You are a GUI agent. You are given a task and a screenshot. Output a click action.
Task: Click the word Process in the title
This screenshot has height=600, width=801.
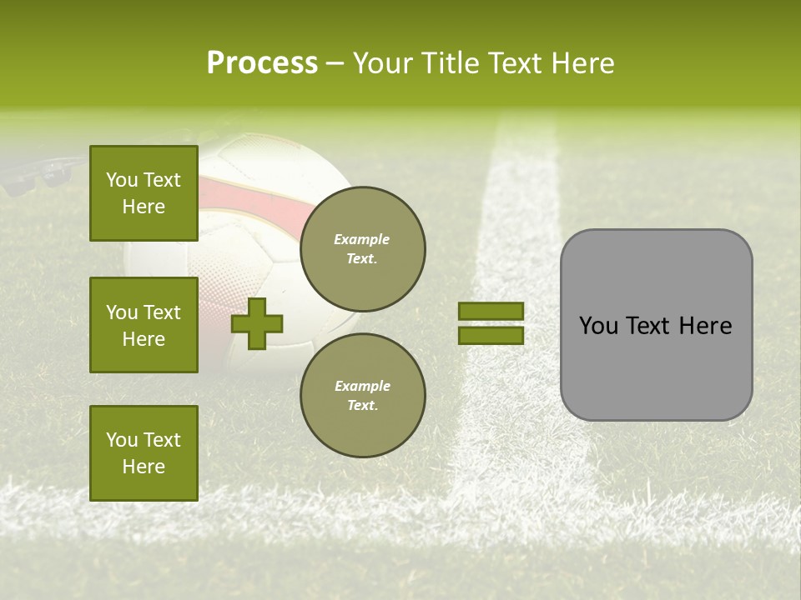coord(262,63)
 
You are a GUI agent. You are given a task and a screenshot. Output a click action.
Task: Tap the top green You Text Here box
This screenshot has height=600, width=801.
coord(144,193)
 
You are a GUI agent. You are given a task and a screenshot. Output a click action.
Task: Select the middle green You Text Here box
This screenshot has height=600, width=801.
coord(144,325)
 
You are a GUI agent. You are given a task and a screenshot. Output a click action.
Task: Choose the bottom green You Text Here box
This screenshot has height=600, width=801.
coord(144,453)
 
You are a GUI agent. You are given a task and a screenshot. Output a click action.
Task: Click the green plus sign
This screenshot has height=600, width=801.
coord(257,323)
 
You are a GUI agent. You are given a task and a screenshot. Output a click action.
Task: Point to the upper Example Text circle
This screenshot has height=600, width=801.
coord(362,249)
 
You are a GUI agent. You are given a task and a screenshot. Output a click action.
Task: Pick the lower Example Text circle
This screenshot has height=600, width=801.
coord(362,396)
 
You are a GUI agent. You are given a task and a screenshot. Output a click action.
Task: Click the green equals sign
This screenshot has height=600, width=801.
coord(491,323)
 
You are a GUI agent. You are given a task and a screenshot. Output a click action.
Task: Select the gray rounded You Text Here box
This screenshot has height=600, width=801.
coord(656,325)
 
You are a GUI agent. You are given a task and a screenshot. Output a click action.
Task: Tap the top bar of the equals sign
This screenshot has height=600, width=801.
coord(491,312)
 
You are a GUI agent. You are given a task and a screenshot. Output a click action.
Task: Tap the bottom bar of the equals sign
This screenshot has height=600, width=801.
coord(491,335)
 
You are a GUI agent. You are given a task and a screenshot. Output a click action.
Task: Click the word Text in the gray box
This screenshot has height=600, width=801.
coord(651,326)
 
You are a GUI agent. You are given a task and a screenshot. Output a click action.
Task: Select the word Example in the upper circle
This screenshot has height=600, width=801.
coord(362,239)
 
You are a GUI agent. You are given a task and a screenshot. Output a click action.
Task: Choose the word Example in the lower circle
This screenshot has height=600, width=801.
coord(362,386)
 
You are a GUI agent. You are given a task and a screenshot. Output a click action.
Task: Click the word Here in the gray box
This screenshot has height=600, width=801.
coord(705,326)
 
